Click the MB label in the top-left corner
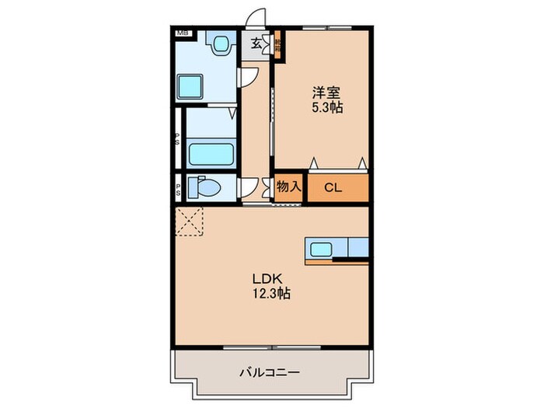point(182,33)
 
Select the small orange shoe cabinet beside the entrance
point(277,46)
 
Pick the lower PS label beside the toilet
point(178,187)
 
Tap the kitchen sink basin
point(321,249)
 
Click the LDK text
point(264,279)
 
